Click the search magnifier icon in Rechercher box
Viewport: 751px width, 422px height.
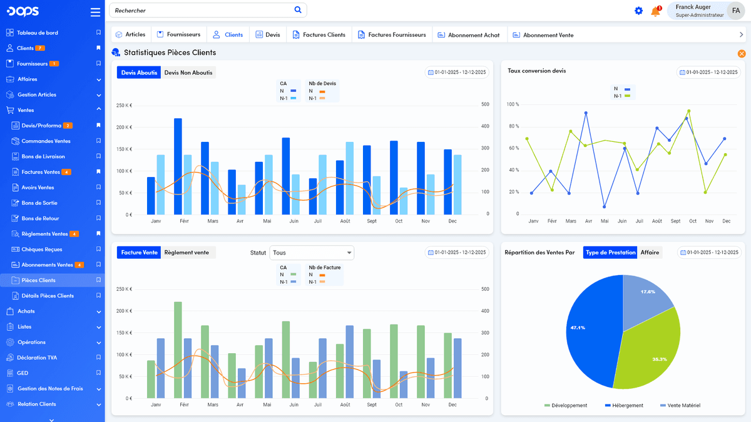click(298, 10)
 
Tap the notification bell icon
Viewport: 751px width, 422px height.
click(655, 11)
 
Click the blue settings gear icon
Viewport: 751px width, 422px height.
click(638, 11)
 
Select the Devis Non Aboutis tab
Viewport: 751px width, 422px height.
click(188, 73)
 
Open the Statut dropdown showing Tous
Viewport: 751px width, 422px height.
click(312, 253)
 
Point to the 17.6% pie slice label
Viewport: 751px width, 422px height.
click(648, 292)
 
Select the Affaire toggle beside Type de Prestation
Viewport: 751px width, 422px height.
click(650, 253)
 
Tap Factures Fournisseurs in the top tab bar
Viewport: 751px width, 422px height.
click(392, 35)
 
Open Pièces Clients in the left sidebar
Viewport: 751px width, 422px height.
click(38, 280)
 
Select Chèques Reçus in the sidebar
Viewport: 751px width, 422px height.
click(42, 249)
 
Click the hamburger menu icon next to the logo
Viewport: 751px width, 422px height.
click(95, 12)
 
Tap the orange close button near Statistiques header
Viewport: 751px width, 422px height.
click(742, 54)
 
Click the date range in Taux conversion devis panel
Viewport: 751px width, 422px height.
click(708, 73)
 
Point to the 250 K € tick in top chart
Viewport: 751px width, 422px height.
click(124, 105)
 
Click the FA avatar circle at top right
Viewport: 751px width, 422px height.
click(736, 11)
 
